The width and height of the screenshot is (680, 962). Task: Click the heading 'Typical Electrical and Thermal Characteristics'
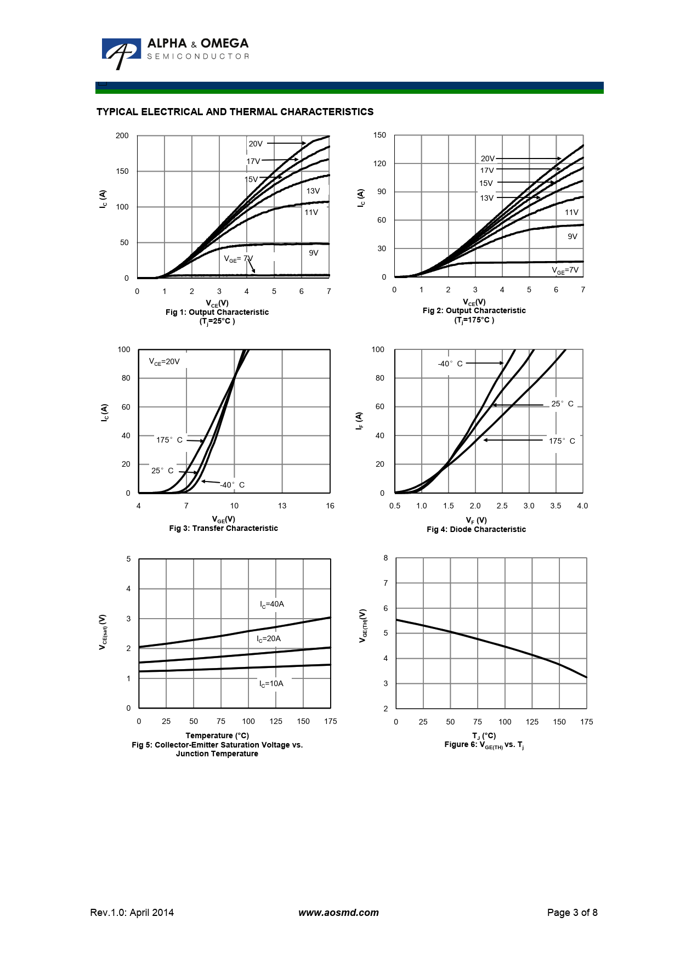coord(235,112)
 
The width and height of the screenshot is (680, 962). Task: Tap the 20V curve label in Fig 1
coord(256,144)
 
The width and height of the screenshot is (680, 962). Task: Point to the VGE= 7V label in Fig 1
coord(238,259)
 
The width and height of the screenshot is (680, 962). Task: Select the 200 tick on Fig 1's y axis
coord(122,135)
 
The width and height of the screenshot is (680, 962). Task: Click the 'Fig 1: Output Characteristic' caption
coord(217,312)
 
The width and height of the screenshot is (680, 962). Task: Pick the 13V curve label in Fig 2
coord(486,198)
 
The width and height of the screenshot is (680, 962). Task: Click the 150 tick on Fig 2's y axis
coord(379,135)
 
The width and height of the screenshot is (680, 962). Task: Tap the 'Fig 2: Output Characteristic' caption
coord(474,310)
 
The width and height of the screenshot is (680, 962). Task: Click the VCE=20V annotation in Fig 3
coord(164,361)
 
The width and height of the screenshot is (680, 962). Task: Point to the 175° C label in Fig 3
coord(169,440)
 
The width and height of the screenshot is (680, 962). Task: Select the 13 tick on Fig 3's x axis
coord(282,506)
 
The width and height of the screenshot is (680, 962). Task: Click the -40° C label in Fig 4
coord(450,364)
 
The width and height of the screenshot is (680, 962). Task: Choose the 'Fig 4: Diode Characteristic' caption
coord(476,529)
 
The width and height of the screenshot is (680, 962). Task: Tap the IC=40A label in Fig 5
coord(271,604)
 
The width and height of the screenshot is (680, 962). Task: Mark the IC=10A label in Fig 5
coord(271,683)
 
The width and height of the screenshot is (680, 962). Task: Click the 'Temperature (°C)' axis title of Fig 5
coord(217,735)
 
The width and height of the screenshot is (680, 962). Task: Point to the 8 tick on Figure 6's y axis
coord(386,558)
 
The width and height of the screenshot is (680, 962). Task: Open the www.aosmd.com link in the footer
coord(338,913)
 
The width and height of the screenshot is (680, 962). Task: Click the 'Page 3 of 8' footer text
coord(572,913)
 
